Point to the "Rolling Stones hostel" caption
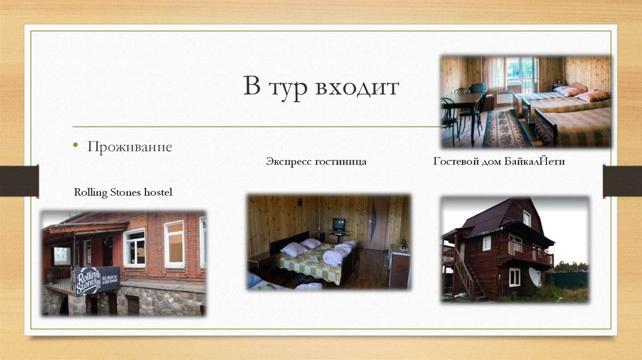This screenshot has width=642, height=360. (123, 192)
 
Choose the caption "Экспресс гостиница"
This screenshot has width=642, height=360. (316, 162)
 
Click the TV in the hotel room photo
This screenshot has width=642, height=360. (339, 225)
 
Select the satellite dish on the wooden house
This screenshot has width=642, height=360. (535, 276)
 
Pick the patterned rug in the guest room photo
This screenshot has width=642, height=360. (505, 129)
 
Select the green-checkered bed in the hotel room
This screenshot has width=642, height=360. (310, 262)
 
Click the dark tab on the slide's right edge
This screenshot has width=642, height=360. (622, 181)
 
